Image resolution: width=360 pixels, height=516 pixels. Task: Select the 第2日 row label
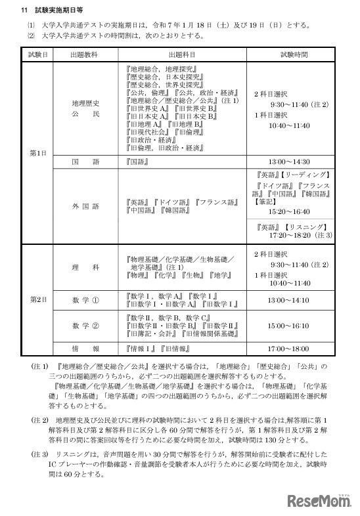click(x=37, y=299)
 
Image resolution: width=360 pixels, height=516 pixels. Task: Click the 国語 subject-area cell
click(x=87, y=160)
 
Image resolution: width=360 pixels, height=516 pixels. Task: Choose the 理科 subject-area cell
click(x=87, y=268)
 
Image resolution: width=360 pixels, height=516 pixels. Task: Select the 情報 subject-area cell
click(x=87, y=348)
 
